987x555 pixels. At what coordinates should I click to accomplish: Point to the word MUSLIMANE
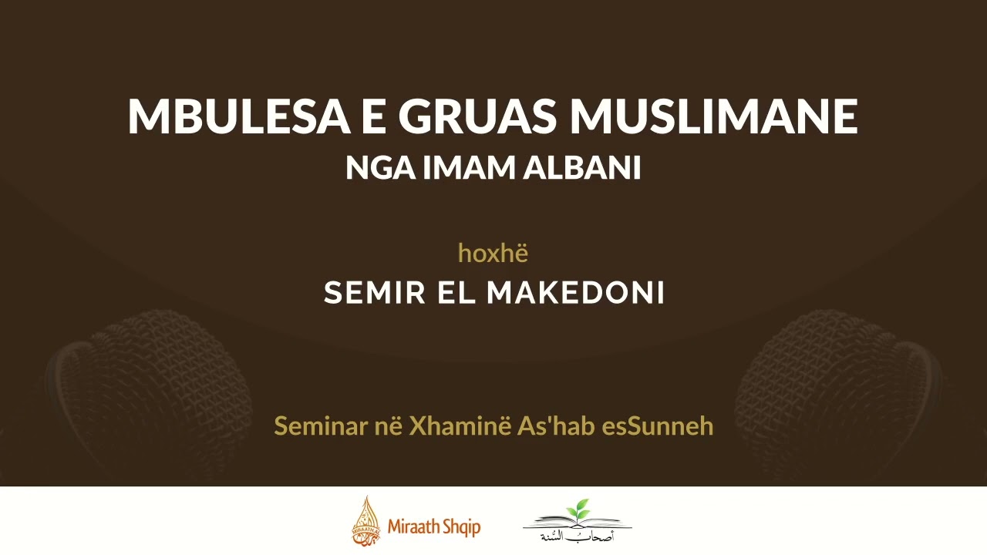pos(713,117)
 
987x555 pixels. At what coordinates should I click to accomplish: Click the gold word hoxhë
pos(493,252)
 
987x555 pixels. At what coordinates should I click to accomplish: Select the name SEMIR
pos(373,293)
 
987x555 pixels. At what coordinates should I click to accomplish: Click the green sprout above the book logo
pos(577,510)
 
